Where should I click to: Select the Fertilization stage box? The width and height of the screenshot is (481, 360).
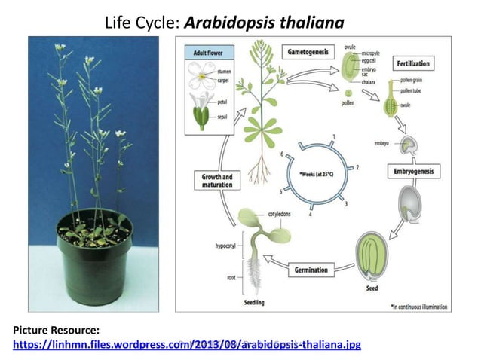pos(413,64)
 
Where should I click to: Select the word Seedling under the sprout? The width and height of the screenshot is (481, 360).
pos(254,303)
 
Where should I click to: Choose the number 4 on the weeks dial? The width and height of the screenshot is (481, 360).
pos(310,216)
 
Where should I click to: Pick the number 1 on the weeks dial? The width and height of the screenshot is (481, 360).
pos(332,136)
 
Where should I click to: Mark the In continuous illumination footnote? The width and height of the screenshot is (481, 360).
pos(418,306)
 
